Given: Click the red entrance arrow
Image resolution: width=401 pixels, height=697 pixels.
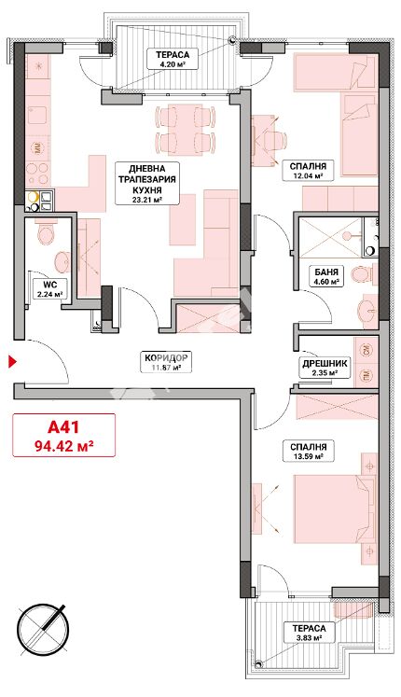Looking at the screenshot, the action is (x=12, y=361).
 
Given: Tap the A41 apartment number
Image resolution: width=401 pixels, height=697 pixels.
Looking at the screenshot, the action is (x=63, y=426).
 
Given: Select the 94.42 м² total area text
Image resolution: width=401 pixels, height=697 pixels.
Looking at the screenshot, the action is (x=63, y=444).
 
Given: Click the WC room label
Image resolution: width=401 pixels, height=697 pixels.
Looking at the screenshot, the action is (x=48, y=284).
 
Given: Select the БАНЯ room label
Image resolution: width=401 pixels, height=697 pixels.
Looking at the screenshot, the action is (x=325, y=272).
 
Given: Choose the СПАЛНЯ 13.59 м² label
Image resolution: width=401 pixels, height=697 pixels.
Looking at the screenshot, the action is (x=308, y=451).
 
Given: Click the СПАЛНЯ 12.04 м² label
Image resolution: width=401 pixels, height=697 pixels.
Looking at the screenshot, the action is (x=308, y=170).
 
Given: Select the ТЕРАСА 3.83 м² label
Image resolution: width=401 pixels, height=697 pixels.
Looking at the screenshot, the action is (x=309, y=633).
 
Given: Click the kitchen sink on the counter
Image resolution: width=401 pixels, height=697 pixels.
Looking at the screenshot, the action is (x=37, y=115).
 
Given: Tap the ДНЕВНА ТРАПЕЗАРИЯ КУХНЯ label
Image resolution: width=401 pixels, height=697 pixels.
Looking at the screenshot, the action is (x=147, y=183).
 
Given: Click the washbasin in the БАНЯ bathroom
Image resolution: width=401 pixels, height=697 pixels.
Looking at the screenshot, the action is (x=367, y=310).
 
